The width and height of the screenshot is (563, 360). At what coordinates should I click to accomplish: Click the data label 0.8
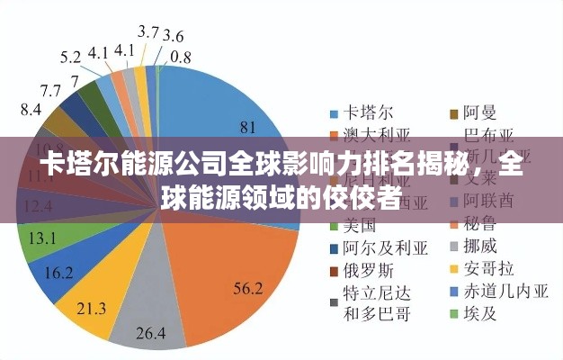(180, 56)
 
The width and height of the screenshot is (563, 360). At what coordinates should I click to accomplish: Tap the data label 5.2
(71, 57)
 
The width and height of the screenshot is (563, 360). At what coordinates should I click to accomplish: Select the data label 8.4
(31, 109)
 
